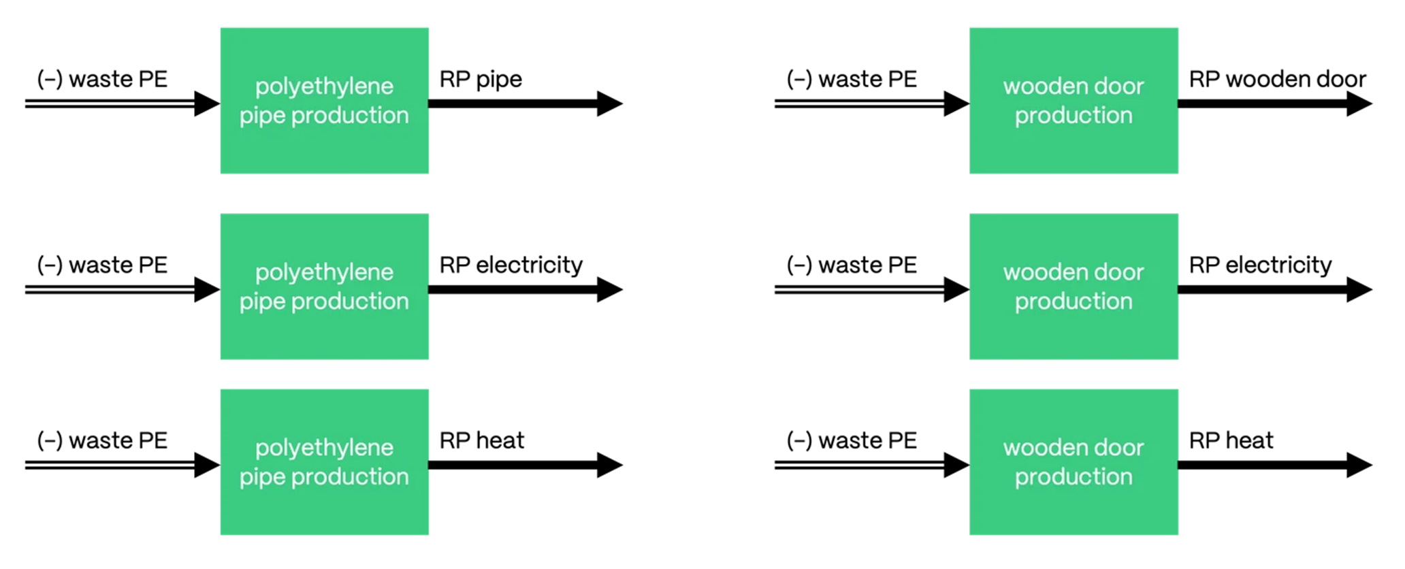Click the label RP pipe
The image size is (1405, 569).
point(481,79)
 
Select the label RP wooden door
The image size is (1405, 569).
point(1277,79)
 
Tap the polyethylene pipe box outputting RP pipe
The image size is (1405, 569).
point(324,101)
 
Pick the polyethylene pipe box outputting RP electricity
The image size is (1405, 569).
point(324,287)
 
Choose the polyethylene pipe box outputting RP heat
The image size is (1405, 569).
point(324,462)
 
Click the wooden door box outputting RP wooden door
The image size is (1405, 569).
point(1073,101)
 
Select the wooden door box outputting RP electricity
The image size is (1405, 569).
point(1073,287)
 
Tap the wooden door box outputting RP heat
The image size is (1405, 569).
point(1073,462)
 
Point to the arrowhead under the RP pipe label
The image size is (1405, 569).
point(609,103)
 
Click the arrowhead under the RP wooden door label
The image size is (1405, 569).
point(1359,103)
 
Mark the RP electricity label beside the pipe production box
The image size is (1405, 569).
point(511,265)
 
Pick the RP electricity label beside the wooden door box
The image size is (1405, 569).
point(1260,265)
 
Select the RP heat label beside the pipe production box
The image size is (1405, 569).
point(481,440)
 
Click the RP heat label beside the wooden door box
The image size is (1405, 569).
point(1231,440)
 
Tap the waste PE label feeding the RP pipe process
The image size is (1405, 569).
point(102,79)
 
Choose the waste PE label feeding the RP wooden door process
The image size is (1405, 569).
point(852,79)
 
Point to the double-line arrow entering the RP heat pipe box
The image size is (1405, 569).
point(116,466)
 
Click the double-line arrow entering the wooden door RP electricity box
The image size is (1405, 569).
point(865,290)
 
